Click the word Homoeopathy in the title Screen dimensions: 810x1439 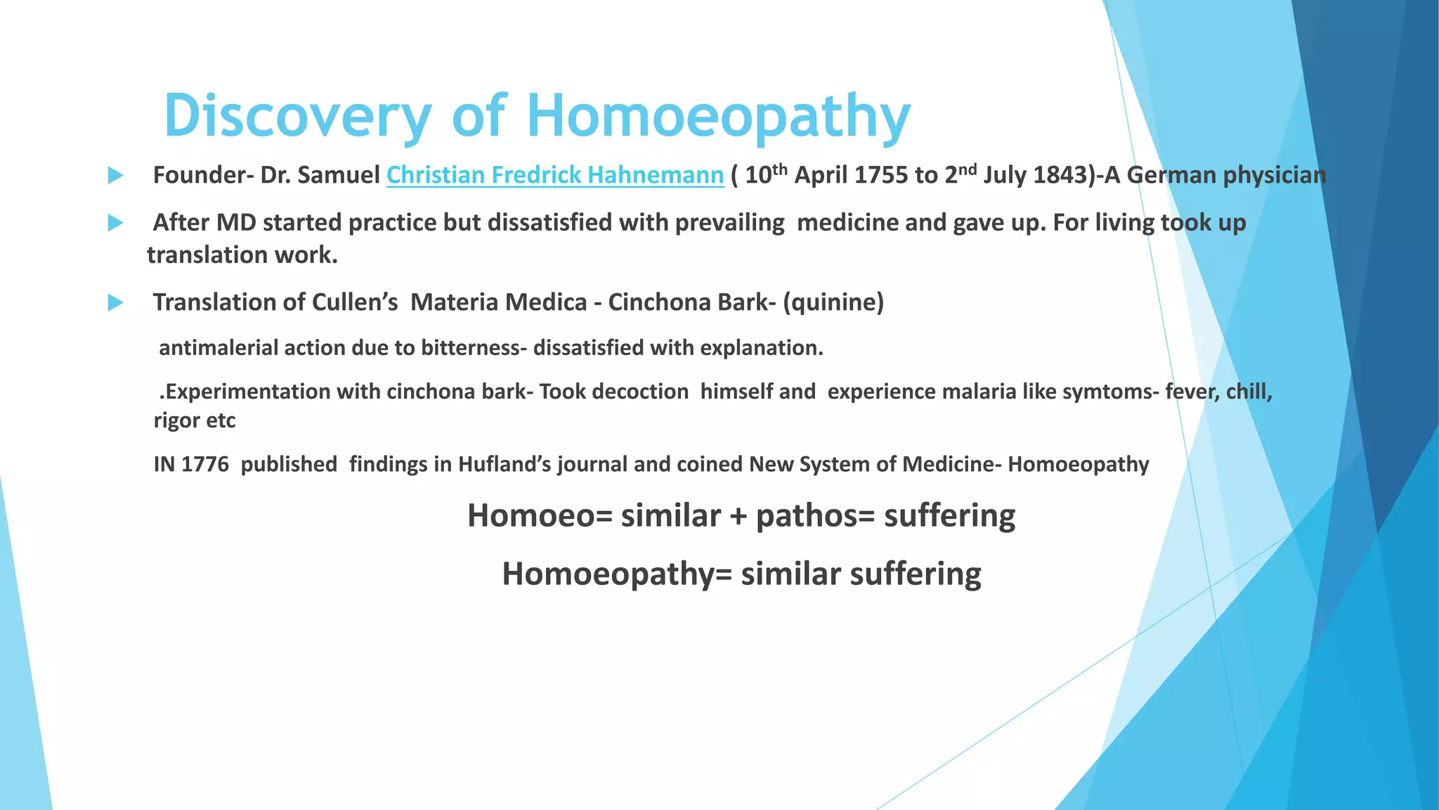coord(718,116)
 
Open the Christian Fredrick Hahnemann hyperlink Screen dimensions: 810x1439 coord(554,175)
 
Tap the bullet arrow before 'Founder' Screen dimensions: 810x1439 coord(115,176)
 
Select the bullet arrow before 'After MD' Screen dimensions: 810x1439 coord(115,224)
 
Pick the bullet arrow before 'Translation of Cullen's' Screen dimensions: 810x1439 coord(115,303)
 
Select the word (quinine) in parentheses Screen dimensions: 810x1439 coord(833,302)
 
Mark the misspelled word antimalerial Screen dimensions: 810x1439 coord(218,348)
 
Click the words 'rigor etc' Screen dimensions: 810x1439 coord(195,420)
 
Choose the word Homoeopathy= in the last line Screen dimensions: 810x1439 coord(616,574)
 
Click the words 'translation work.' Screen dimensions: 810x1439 coord(242,255)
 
